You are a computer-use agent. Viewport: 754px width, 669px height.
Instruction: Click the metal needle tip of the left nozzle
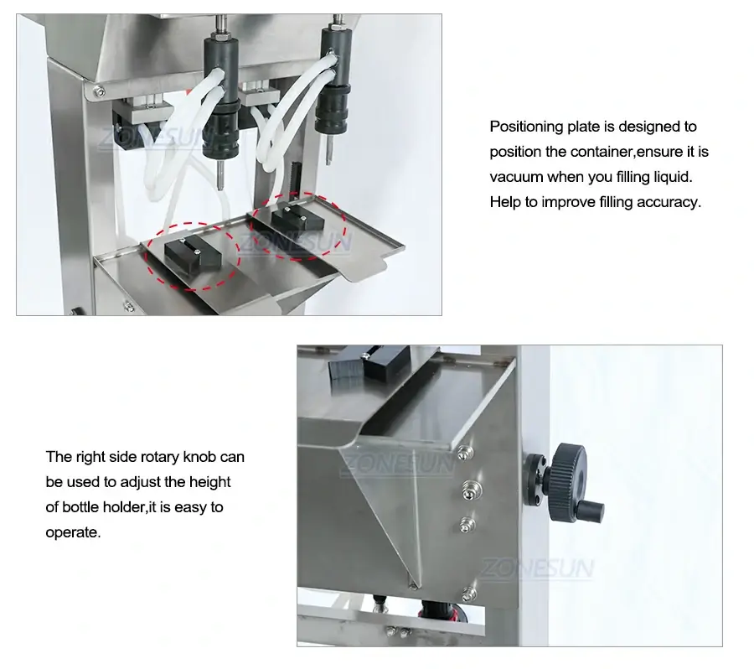point(219,178)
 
